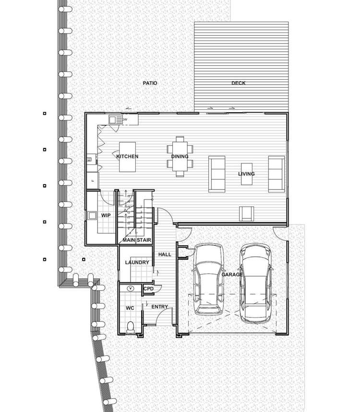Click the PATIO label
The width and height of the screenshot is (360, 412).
pyautogui.click(x=150, y=83)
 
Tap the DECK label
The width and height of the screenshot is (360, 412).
pyautogui.click(x=238, y=83)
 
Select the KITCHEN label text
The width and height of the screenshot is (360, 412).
pyautogui.click(x=127, y=156)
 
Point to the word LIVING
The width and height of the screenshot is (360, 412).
pyautogui.click(x=246, y=174)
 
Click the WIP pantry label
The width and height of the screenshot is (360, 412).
pyautogui.click(x=106, y=215)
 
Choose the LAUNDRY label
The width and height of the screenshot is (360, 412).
pyautogui.click(x=137, y=262)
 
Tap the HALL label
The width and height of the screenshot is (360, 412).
pyautogui.click(x=165, y=255)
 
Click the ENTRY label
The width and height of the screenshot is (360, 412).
pyautogui.click(x=159, y=306)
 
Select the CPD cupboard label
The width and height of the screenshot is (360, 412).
pyautogui.click(x=148, y=289)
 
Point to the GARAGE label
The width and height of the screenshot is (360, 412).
pyautogui.click(x=232, y=274)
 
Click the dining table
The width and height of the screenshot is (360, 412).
pyautogui.click(x=180, y=156)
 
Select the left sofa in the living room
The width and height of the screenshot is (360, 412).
pyautogui.click(x=216, y=174)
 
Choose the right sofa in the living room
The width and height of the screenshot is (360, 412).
pyautogui.click(x=276, y=174)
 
